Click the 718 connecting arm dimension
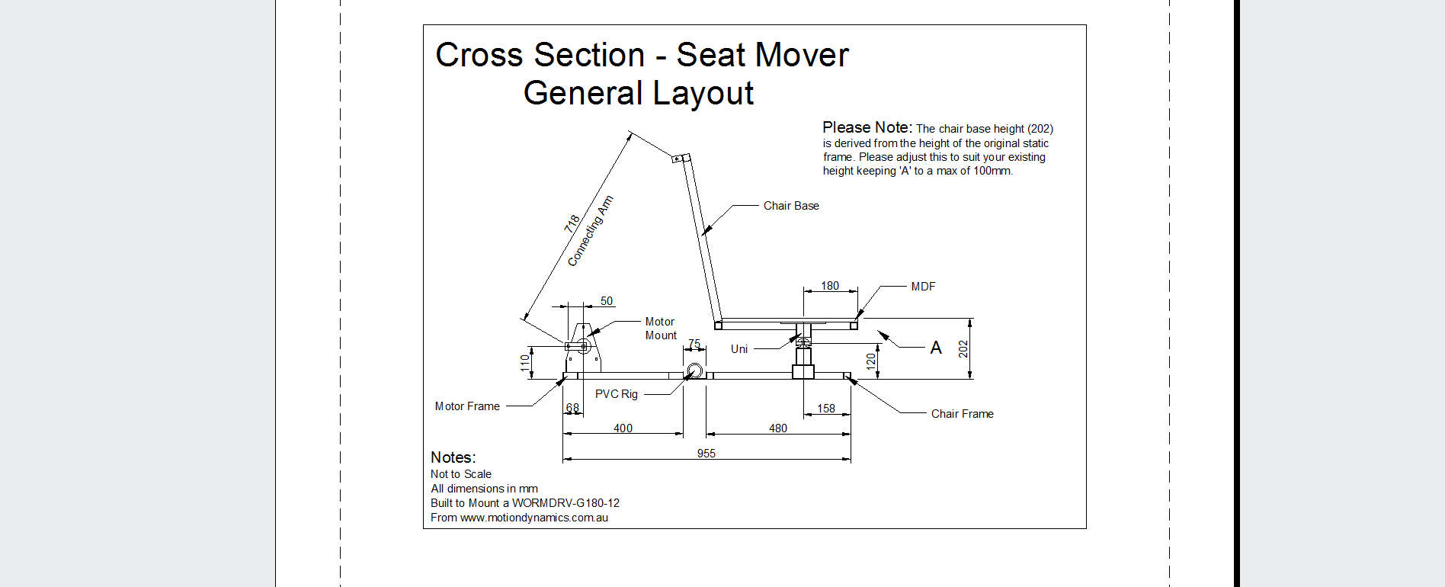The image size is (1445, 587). tap(572, 223)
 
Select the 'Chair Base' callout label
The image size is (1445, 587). tap(791, 206)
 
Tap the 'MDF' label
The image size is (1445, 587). tap(923, 287)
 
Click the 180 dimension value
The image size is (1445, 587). tap(830, 286)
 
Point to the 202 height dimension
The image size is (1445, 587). tap(963, 348)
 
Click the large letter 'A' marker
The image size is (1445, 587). tap(936, 348)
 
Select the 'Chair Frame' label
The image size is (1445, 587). tap(962, 414)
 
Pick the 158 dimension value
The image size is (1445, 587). tap(826, 409)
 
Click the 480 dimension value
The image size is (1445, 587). tap(778, 428)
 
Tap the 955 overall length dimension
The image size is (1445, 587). tap(706, 454)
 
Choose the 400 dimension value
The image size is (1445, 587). tap(623, 428)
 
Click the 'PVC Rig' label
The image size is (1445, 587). tap(617, 394)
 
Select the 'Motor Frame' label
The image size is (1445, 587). tap(467, 406)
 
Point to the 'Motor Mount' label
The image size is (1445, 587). tap(660, 329)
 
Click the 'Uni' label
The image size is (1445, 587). tap(739, 349)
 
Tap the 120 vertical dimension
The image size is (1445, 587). tap(871, 361)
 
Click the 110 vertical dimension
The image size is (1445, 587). tap(525, 362)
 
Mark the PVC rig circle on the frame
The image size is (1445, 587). tap(694, 371)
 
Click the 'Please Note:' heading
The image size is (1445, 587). tap(867, 127)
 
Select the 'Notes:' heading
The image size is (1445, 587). tap(453, 457)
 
